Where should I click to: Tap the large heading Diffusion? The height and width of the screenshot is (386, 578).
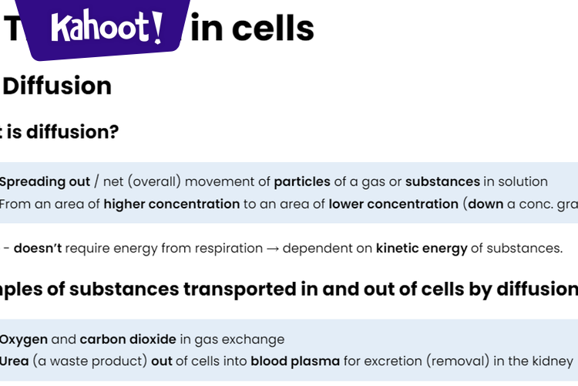pyautogui.click(x=57, y=86)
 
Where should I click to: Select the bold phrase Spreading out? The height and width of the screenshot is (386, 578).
pyautogui.click(x=45, y=182)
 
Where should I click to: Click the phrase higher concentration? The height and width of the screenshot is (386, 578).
pyautogui.click(x=171, y=205)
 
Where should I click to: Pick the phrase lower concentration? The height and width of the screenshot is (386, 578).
pyautogui.click(x=393, y=205)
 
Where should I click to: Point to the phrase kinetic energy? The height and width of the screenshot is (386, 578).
pyautogui.click(x=422, y=249)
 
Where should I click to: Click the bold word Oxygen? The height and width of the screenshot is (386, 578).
pyautogui.click(x=24, y=340)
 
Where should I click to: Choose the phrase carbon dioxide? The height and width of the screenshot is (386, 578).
pyautogui.click(x=128, y=340)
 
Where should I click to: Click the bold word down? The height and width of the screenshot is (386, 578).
pyautogui.click(x=486, y=205)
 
